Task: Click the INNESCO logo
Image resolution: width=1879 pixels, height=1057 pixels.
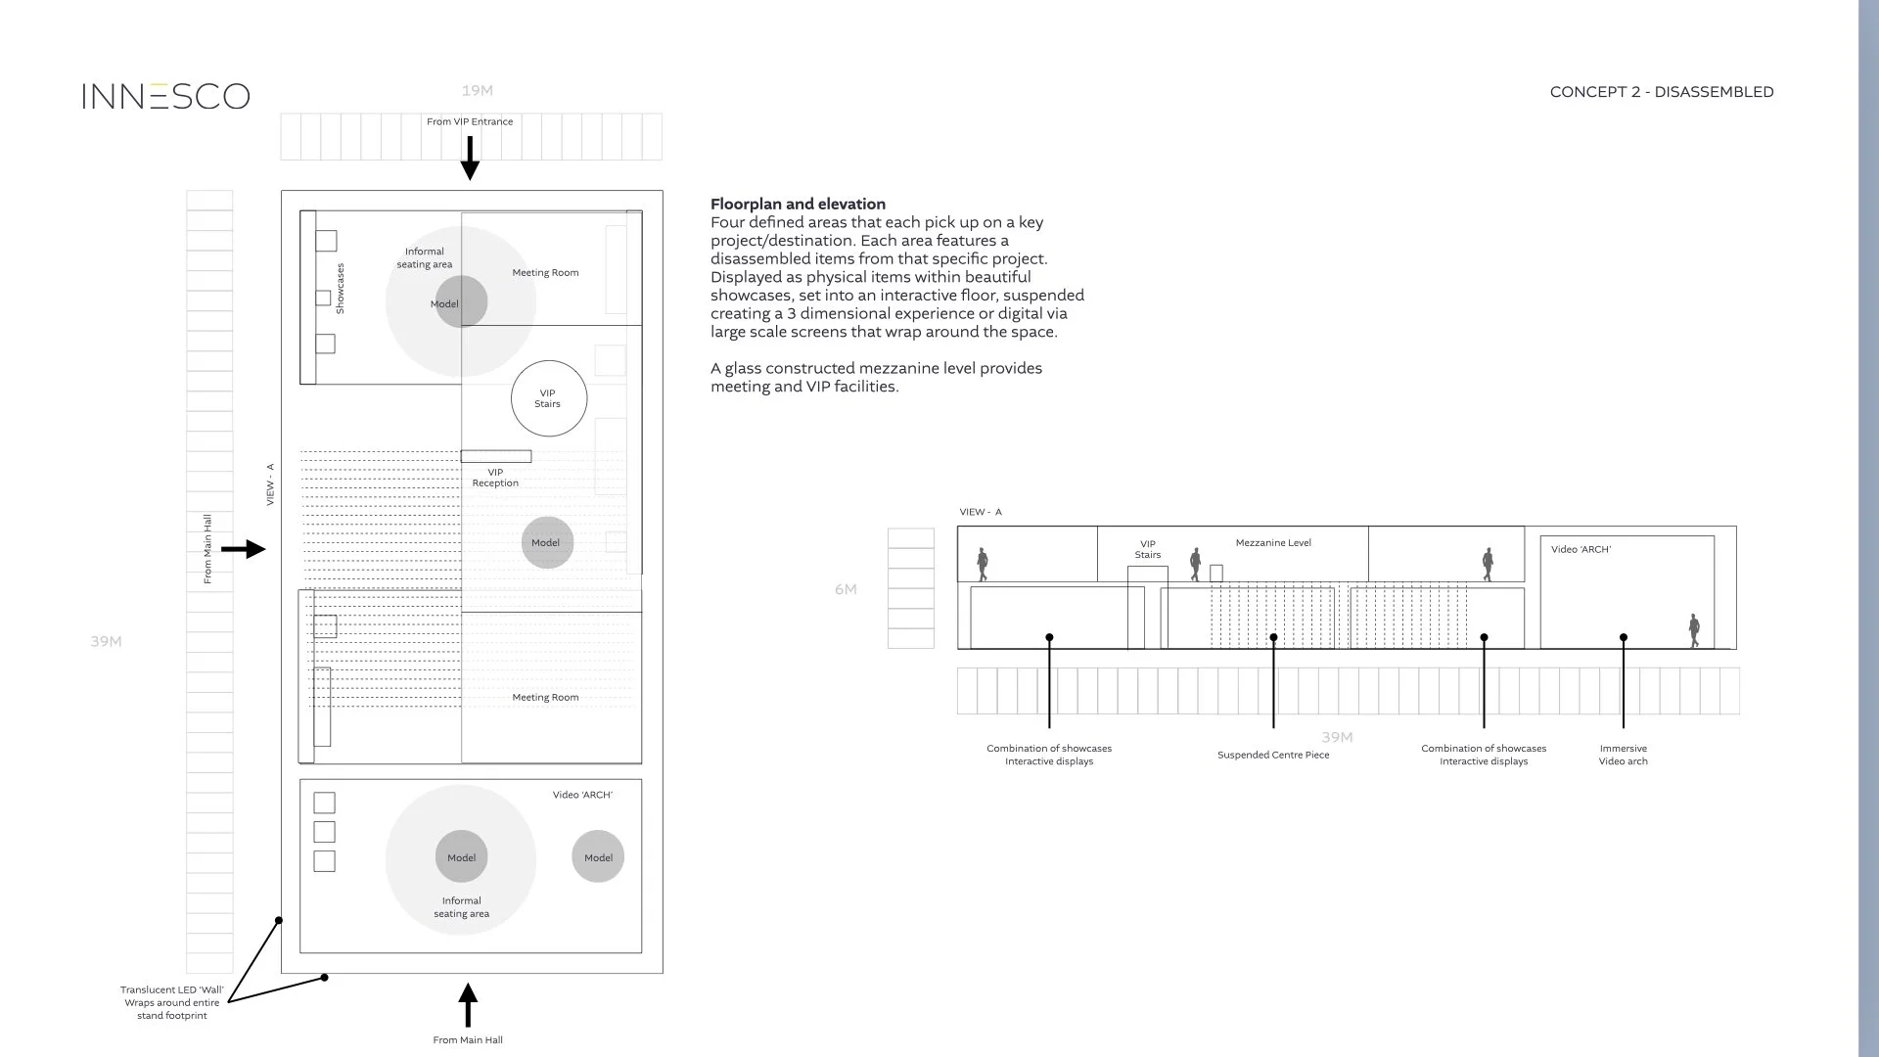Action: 165,96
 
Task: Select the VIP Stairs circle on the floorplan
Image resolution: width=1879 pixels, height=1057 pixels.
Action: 548,398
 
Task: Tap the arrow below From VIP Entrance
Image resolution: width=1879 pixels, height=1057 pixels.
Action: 470,158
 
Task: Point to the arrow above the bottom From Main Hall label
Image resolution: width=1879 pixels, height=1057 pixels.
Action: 468,1005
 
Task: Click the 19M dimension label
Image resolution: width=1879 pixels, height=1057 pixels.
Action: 477,91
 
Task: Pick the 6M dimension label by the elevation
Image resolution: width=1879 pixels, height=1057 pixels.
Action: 846,589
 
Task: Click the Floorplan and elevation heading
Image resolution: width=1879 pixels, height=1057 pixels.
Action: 798,204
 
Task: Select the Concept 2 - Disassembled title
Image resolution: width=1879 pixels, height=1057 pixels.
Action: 1661,92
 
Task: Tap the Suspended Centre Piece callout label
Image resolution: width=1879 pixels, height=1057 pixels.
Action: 1273,755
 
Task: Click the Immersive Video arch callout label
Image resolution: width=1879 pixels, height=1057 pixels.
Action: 1623,755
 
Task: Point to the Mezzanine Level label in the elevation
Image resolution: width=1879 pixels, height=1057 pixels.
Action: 1273,542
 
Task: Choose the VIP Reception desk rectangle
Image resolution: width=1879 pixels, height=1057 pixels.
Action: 496,456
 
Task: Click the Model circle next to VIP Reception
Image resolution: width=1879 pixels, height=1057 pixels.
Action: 547,542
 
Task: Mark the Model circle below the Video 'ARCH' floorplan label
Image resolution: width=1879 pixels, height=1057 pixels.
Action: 598,856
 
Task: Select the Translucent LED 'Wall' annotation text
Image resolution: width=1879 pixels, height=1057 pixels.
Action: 172,1002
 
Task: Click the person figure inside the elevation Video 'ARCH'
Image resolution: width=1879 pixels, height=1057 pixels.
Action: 1694,630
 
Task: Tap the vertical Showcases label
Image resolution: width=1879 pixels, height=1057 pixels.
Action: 340,288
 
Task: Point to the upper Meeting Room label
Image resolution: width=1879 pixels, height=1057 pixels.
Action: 545,272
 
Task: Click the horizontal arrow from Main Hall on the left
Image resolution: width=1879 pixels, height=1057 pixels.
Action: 244,549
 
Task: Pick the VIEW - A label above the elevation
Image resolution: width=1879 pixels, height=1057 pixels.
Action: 981,512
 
